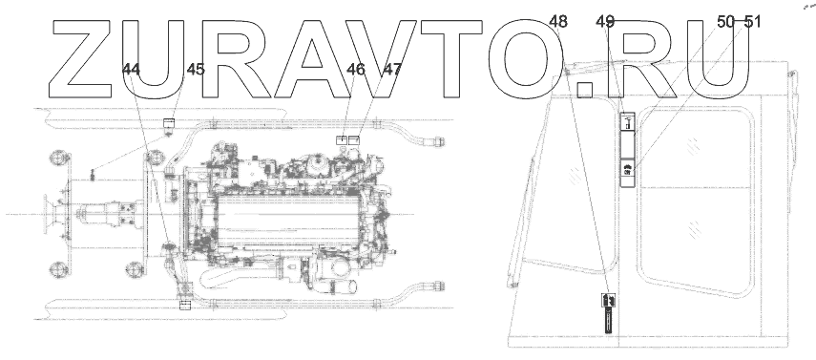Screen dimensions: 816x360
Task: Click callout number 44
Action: click(x=131, y=70)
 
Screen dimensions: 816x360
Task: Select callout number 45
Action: click(x=196, y=70)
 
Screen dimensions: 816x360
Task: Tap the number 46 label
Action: click(x=356, y=70)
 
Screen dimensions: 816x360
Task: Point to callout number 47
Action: click(x=392, y=70)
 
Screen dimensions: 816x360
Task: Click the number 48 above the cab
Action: click(x=558, y=22)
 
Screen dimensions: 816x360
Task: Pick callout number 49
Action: click(x=605, y=22)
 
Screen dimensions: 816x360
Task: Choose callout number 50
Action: click(x=726, y=22)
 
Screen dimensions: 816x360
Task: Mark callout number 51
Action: click(x=752, y=22)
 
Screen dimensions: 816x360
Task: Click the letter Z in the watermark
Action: click(x=82, y=59)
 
